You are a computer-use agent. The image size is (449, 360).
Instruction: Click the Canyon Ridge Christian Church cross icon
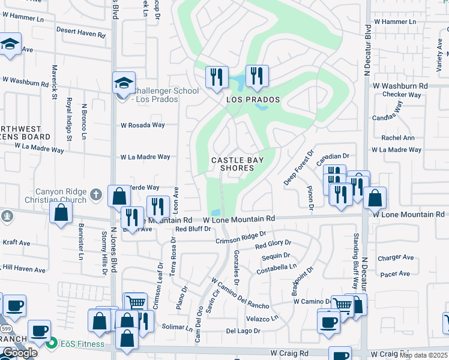[x=95, y=194]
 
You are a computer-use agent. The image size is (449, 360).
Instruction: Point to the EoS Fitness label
[x=82, y=344]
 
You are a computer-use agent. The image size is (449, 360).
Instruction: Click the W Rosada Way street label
[x=142, y=125]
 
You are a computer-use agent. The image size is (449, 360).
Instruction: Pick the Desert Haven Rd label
[x=80, y=32]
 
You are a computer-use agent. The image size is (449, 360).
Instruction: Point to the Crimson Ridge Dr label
[x=241, y=238]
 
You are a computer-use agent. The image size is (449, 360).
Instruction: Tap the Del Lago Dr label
[x=243, y=331]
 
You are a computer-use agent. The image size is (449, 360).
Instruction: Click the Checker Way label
[x=402, y=95]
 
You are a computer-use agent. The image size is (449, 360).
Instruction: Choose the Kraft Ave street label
[x=16, y=243]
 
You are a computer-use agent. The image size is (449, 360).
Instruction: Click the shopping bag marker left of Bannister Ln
[x=61, y=212]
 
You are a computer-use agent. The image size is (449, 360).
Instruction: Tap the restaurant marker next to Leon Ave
[x=157, y=206]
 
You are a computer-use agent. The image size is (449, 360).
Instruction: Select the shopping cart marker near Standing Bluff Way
[x=343, y=304]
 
